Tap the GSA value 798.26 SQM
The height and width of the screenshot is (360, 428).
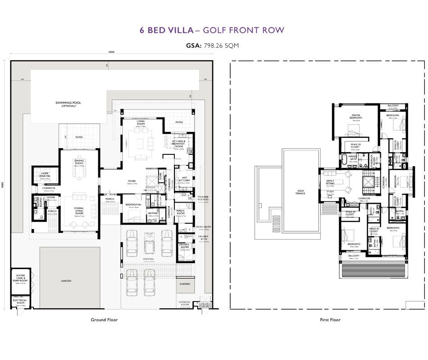pyautogui.click(x=221, y=45)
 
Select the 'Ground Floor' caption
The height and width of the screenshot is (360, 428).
pyautogui.click(x=104, y=320)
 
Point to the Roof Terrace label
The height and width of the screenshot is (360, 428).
pyautogui.click(x=301, y=192)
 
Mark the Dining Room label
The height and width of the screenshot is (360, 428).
pyautogui.click(x=79, y=162)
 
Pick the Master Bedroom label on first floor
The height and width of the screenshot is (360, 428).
pyautogui.click(x=356, y=116)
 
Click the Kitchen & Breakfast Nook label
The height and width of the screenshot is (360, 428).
pyautogui.click(x=179, y=144)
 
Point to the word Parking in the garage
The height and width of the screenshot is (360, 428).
pyautogui.click(x=149, y=259)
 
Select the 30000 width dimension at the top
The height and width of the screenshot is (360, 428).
pyautogui.click(x=111, y=52)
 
